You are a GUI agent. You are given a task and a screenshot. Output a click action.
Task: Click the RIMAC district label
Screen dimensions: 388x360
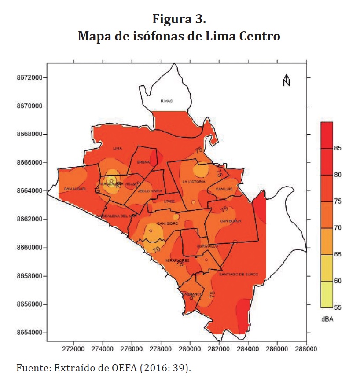coord(167,101)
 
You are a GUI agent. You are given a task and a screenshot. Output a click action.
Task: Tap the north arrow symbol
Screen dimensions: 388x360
coord(287,80)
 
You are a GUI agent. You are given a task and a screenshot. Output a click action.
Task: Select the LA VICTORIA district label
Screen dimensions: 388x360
coord(194,182)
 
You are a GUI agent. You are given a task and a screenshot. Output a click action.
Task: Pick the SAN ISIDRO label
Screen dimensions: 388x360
coord(167,223)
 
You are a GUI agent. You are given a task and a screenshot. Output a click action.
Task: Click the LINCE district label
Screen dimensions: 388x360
coord(169,201)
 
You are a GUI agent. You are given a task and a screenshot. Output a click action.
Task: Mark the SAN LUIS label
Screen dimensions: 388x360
coord(224,189)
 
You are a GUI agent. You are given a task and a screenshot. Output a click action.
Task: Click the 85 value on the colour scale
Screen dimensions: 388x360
coord(338,148)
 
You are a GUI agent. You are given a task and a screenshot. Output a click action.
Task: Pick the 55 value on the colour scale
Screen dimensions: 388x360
coord(338,307)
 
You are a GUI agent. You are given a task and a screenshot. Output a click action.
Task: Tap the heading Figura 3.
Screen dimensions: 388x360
coord(180,20)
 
